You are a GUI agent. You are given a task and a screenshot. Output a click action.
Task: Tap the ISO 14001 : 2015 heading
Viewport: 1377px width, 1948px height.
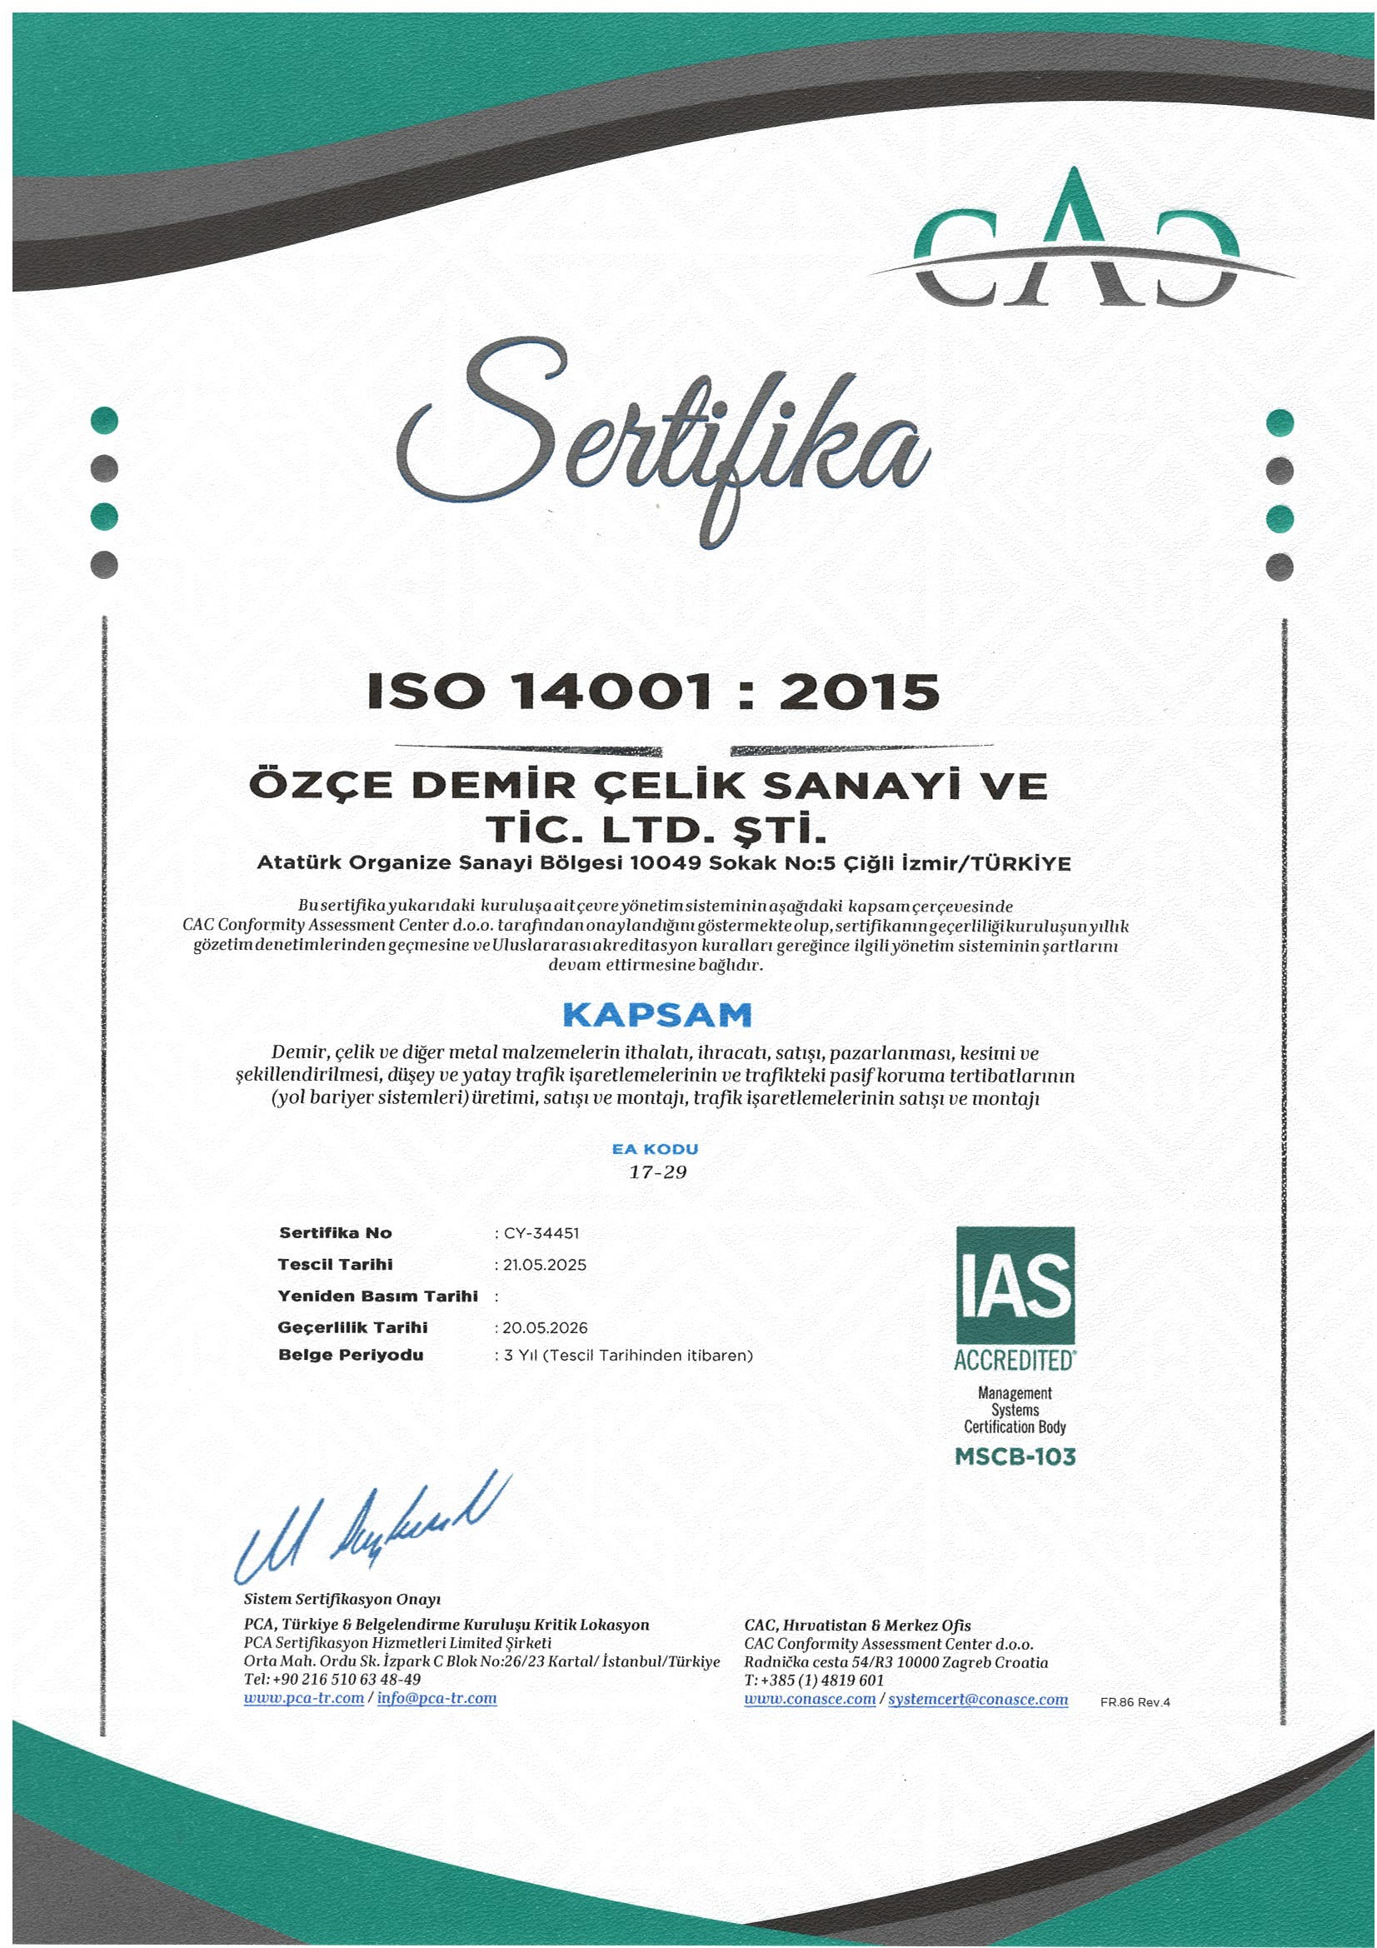click(x=653, y=692)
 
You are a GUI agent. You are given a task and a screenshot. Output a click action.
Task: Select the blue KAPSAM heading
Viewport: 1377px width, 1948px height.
click(x=656, y=1015)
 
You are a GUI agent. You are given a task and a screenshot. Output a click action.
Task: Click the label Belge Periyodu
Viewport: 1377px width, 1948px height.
click(x=351, y=1355)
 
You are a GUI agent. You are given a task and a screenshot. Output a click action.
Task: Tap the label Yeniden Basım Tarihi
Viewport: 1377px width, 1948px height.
click(x=377, y=1296)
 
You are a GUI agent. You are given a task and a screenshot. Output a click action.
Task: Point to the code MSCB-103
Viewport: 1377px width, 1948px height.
click(x=1015, y=1456)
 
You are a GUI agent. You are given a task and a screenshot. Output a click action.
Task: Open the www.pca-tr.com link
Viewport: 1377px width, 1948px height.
click(x=304, y=1699)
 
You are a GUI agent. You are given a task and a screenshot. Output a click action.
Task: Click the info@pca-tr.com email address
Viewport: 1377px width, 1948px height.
click(x=437, y=1699)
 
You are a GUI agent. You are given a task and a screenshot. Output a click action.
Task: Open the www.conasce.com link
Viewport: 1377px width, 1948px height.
click(x=810, y=1700)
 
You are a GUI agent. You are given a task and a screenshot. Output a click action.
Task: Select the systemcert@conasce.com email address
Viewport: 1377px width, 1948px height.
click(x=977, y=1700)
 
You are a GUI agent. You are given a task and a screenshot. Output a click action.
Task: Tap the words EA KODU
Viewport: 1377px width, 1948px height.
click(x=655, y=1149)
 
